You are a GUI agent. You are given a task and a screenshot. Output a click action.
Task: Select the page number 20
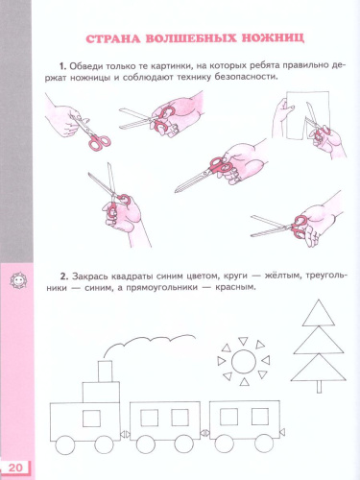(16, 467)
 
